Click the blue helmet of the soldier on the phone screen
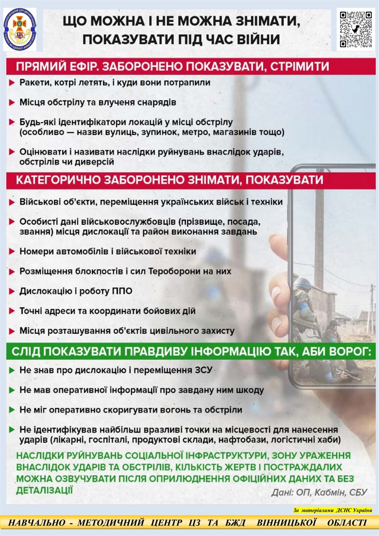[x=303, y=283]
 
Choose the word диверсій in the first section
[x=97, y=161]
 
